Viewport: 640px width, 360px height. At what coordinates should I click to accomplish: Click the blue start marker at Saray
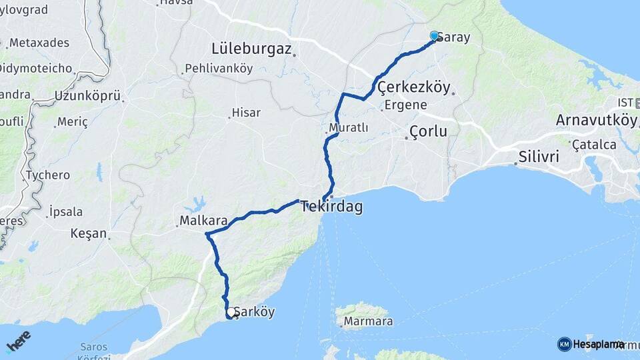435,36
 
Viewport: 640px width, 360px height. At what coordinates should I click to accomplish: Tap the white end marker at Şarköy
231,312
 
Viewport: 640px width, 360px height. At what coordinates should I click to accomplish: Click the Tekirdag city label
332,207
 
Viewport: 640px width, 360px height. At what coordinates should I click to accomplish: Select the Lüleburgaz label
251,48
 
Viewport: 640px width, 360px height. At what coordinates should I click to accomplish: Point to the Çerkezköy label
414,87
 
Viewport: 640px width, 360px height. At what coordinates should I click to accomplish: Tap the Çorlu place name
428,131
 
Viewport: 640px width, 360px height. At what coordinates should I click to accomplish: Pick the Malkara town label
203,220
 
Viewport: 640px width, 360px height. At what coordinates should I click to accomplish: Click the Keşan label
89,233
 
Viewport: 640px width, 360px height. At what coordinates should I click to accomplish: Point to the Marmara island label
367,322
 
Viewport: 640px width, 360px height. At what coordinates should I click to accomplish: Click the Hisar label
246,113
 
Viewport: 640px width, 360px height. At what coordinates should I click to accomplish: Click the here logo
18,340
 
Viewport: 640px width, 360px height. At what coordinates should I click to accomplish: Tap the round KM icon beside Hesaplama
564,344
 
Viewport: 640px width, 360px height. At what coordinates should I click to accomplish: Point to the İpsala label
66,212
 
